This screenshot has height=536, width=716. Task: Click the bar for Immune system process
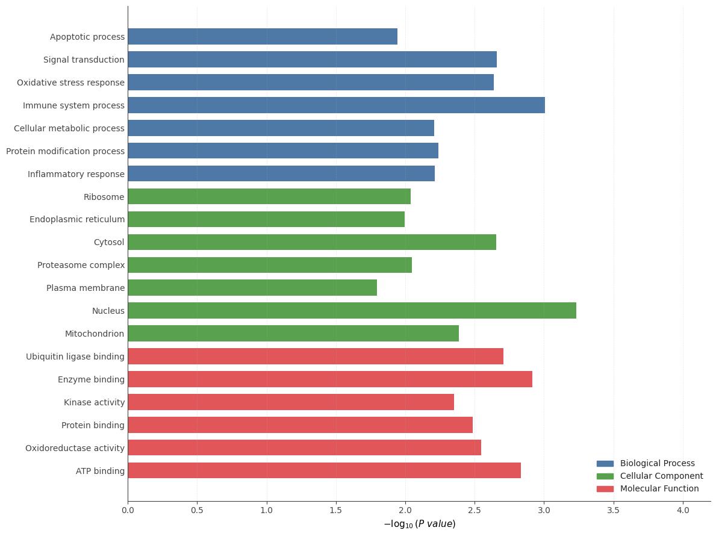336,105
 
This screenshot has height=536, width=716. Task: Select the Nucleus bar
352,311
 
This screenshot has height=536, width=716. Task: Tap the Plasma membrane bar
252,288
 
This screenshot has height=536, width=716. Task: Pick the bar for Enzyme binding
330,379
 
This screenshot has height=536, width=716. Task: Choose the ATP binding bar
324,470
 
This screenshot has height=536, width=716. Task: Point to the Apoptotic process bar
263,37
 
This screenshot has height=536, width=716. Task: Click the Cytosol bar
312,242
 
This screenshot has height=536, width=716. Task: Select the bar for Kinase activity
291,402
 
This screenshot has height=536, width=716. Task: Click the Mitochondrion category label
95,334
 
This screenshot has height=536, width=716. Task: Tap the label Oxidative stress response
70,83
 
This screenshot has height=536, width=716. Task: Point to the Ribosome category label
104,197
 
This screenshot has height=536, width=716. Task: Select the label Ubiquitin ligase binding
75,357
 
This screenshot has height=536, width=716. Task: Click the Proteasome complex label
81,265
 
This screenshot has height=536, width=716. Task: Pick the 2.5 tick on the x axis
475,510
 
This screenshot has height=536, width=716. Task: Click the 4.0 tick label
683,510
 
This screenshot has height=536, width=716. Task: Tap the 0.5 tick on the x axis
197,510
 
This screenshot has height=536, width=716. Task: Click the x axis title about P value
420,524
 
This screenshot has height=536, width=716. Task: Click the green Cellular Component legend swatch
605,476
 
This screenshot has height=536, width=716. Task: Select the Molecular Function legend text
659,489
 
